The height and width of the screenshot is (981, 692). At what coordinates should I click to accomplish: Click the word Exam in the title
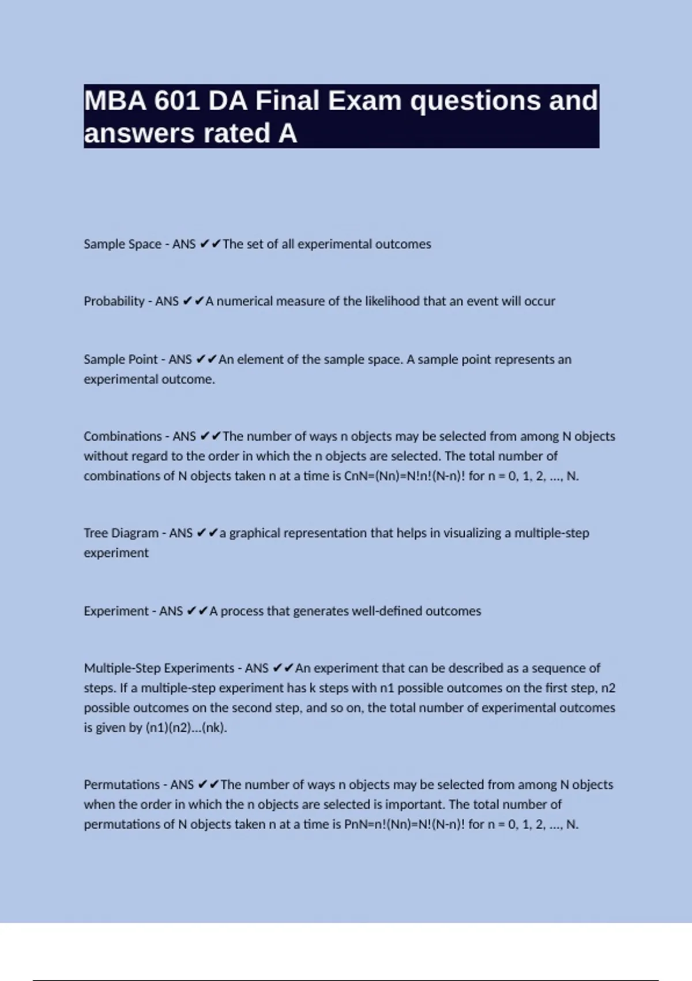click(364, 101)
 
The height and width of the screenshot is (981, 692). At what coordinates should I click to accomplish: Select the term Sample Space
click(122, 244)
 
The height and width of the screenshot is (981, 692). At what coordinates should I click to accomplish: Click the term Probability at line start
click(114, 301)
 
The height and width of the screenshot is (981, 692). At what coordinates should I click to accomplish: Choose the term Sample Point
click(121, 360)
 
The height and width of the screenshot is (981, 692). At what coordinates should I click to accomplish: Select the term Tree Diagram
click(121, 533)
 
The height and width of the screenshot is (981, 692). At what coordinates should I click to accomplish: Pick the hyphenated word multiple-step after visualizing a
click(551, 533)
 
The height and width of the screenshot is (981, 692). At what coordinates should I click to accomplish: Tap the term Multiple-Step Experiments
click(159, 668)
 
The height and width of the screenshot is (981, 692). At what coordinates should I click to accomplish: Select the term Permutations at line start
click(122, 785)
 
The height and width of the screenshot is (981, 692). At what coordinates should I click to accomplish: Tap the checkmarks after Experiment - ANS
click(197, 611)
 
